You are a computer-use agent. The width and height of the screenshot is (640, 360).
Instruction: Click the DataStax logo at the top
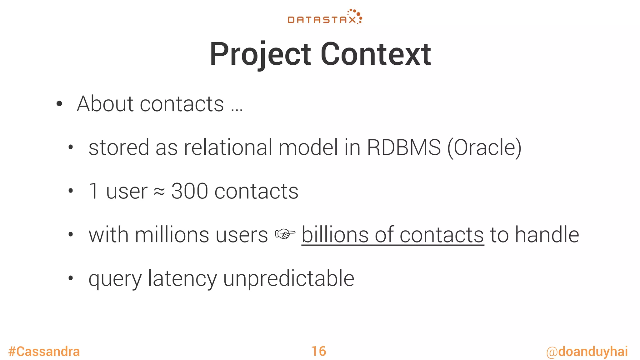(x=325, y=17)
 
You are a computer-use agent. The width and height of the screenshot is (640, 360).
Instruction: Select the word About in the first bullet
(x=105, y=104)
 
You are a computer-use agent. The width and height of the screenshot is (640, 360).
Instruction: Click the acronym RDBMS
(x=403, y=147)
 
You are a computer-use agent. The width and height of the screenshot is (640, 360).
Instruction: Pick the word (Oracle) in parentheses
(x=484, y=147)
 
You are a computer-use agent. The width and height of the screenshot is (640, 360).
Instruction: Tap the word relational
(x=228, y=147)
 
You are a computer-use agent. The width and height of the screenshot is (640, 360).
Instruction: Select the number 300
(x=189, y=191)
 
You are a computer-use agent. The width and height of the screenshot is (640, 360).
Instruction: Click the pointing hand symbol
(x=285, y=234)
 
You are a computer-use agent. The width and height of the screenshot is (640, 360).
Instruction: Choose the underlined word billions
(x=335, y=235)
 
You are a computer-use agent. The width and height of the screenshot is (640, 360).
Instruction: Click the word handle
(x=547, y=235)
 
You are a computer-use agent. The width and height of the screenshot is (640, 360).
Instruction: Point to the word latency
(x=182, y=279)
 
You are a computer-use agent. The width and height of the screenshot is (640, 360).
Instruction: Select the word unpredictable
(x=288, y=279)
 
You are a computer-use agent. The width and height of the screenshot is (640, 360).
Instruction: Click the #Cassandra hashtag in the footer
(x=44, y=352)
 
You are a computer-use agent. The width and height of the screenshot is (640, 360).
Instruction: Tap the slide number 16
(x=319, y=352)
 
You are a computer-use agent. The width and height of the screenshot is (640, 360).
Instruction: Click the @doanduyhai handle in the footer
(x=587, y=352)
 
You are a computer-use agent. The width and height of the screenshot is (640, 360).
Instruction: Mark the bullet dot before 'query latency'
(x=71, y=277)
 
